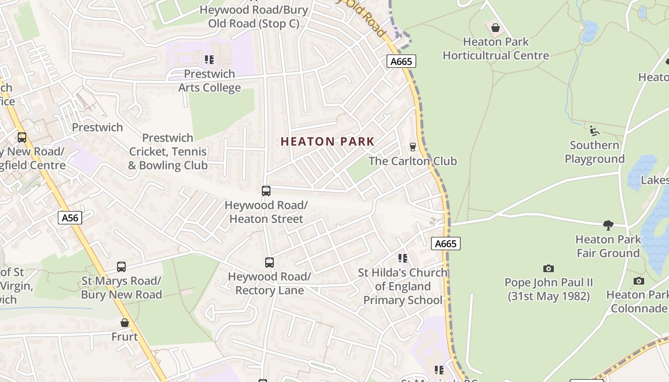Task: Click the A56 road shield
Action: [70, 218]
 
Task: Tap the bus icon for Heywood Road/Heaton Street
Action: [266, 191]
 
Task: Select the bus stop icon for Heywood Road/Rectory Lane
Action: [270, 263]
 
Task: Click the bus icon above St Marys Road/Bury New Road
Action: [121, 267]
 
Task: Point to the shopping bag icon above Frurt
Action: [125, 323]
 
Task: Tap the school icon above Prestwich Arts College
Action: [209, 60]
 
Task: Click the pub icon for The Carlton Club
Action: [413, 147]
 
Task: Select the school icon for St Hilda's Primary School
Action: [403, 258]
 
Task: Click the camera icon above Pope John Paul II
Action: [549, 268]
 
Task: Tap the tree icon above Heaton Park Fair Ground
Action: [608, 225]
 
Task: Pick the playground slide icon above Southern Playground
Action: [594, 131]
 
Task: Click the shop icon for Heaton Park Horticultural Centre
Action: [496, 28]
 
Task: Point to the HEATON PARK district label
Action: [327, 142]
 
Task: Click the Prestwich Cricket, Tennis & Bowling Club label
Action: [168, 152]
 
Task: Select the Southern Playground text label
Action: [594, 152]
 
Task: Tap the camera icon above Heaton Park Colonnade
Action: [638, 281]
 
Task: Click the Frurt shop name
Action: [125, 337]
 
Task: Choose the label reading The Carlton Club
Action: [413, 161]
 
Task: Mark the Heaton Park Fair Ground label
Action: [608, 246]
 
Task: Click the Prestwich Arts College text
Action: [209, 81]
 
